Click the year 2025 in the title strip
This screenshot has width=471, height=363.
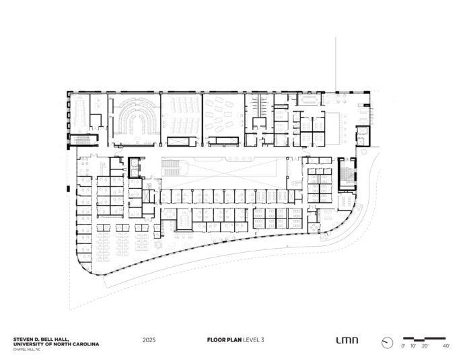click(149, 340)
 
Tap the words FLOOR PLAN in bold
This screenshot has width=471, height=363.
click(224, 340)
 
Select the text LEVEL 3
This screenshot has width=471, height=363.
click(254, 340)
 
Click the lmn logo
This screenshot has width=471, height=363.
click(347, 340)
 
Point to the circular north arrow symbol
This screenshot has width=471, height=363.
click(387, 343)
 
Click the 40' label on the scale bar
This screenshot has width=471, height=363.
click(446, 346)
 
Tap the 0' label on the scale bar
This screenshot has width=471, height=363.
click(403, 346)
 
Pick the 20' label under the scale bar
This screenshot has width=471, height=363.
click(425, 346)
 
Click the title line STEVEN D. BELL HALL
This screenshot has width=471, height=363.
click(41, 339)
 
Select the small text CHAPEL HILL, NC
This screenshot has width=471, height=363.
click(26, 350)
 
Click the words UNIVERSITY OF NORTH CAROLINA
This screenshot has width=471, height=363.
click(56, 344)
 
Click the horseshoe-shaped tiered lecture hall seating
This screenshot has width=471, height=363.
click(137, 117)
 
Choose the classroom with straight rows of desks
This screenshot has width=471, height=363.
click(181, 116)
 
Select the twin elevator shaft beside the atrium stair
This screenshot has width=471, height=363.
click(135, 167)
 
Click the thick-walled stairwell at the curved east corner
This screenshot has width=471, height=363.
click(347, 174)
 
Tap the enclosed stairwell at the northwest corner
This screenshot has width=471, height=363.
click(83, 140)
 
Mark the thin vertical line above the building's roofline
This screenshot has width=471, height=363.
click(336, 64)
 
